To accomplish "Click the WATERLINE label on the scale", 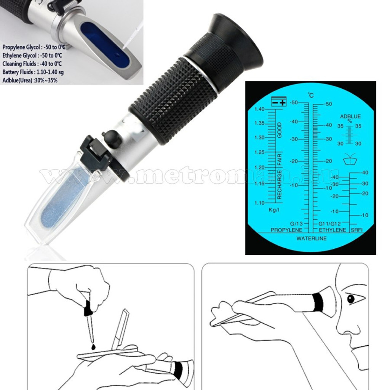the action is [x=311, y=238].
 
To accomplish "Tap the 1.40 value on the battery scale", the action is [x=259, y=109].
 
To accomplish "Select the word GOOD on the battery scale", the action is [x=280, y=130].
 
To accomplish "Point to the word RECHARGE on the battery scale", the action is [x=279, y=185].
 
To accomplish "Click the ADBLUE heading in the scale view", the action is [x=350, y=117].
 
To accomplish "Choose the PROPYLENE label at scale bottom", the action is [x=286, y=230].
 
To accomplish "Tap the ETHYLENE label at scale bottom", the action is [x=332, y=230].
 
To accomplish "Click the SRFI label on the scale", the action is [x=356, y=230].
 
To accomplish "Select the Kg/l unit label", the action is [x=274, y=210].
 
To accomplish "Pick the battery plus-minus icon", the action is [x=278, y=101].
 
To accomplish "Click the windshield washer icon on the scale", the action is [x=350, y=160].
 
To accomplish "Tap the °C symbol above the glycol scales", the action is [x=311, y=95].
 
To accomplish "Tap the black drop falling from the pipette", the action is [x=93, y=346].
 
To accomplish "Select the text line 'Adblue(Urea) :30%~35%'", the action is [x=30, y=80].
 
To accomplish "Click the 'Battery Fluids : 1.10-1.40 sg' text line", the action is [x=33, y=72].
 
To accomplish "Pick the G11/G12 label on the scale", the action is [x=329, y=224].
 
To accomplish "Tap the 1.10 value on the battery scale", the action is [x=259, y=203].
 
